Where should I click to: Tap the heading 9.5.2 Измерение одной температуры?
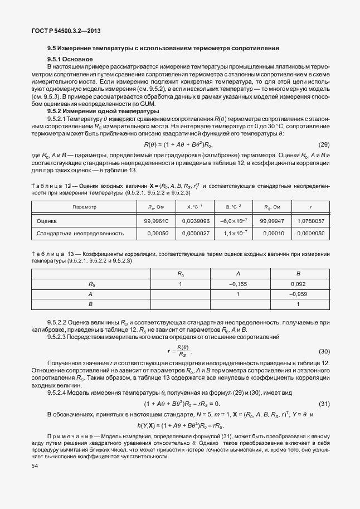pos(103,111)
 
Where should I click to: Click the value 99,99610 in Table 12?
pos(157,221)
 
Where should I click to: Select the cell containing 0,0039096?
pos(194,221)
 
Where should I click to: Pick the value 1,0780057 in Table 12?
pos(311,221)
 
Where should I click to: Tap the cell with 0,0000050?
pos(311,233)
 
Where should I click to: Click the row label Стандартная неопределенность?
pos(80,233)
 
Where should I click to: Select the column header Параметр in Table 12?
pos(85,207)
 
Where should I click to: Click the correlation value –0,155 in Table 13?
pos(238,284)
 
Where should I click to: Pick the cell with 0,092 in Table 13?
pos(298,284)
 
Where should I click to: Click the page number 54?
pos(36,464)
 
